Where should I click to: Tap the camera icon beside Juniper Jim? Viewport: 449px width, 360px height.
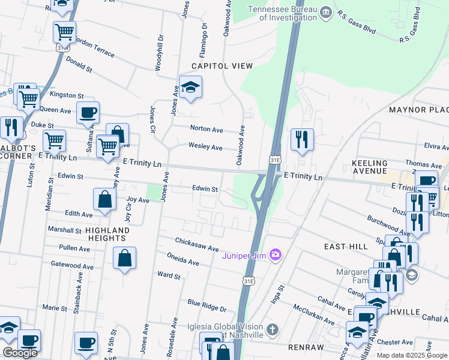(276, 255)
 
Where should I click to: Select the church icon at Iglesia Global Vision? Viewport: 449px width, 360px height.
(273, 329)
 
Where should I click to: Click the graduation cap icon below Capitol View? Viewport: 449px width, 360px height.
(190, 88)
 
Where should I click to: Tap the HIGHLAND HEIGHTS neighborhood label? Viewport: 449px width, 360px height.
(107, 234)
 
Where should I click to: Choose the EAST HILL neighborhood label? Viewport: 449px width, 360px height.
(345, 247)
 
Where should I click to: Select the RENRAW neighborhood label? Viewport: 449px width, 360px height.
(307, 347)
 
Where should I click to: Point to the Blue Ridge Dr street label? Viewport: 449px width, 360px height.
(206, 306)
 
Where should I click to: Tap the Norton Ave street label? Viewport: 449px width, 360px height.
(206, 129)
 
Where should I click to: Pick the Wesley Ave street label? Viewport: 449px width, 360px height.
(205, 147)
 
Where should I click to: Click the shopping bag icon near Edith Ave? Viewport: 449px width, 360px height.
(104, 200)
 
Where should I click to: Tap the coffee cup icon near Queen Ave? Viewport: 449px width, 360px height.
(88, 112)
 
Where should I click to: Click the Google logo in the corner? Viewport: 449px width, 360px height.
(20, 353)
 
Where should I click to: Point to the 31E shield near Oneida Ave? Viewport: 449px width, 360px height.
(249, 280)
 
